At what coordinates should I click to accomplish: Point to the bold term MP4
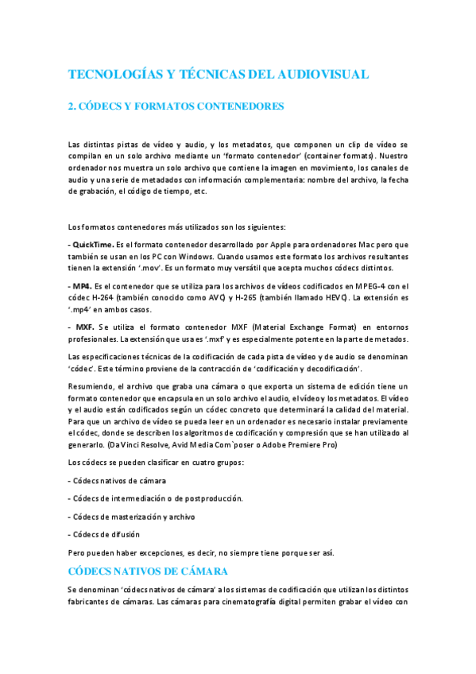(x=82, y=286)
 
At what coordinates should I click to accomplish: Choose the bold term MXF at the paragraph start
(x=86, y=327)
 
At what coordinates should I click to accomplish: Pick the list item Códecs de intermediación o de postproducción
(x=157, y=498)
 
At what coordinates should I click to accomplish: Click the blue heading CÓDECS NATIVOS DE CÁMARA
(x=149, y=571)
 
